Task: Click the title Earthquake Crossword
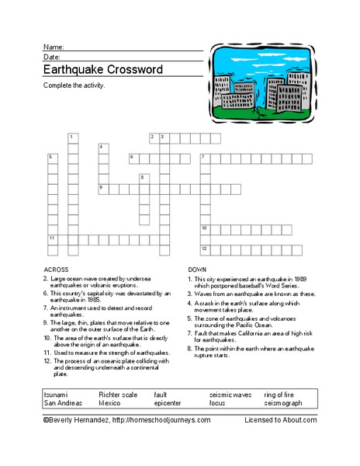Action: point(102,69)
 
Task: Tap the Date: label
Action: point(52,57)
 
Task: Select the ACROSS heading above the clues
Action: point(57,268)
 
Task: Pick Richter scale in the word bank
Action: point(119,395)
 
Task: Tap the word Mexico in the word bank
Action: point(109,403)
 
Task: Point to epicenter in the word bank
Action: point(168,403)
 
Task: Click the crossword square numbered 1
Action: point(73,138)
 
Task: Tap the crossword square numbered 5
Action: point(53,158)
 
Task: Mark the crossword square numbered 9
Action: point(103,189)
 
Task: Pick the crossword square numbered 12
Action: point(205,249)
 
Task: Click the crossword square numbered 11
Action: point(53,239)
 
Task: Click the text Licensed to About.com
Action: point(280,419)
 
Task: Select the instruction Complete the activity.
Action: point(74,85)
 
